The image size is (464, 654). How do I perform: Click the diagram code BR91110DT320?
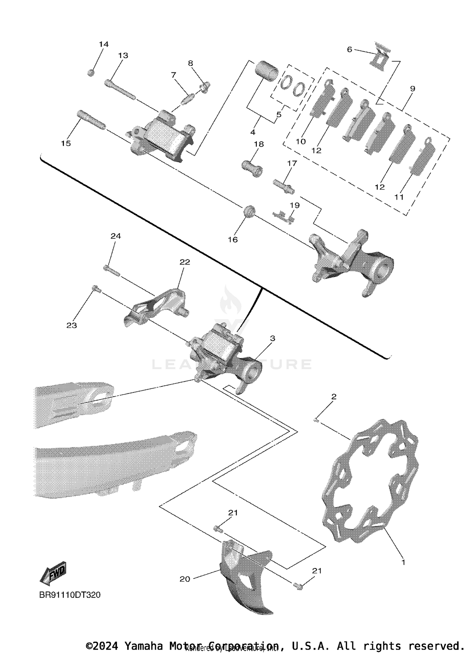(70, 595)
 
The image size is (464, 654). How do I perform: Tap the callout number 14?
(104, 44)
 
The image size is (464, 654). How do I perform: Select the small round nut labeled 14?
(91, 73)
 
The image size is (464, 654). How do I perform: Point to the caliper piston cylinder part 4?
(266, 71)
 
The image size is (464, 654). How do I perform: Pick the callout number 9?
(413, 88)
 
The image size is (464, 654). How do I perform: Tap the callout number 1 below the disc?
(403, 562)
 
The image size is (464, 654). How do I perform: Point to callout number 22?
(185, 262)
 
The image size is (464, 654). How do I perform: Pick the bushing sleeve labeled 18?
(252, 169)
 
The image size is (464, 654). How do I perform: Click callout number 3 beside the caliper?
(272, 338)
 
